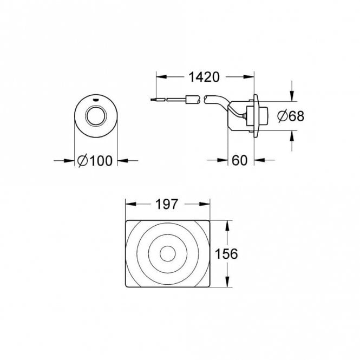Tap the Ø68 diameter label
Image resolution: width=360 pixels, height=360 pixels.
(290, 115)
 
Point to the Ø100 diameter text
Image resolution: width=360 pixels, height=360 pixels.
(95, 160)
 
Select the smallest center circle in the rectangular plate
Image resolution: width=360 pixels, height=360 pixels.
(168, 253)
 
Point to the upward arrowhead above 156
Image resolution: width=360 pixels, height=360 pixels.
(227, 224)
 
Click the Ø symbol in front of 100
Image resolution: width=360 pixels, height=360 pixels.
(83, 160)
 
